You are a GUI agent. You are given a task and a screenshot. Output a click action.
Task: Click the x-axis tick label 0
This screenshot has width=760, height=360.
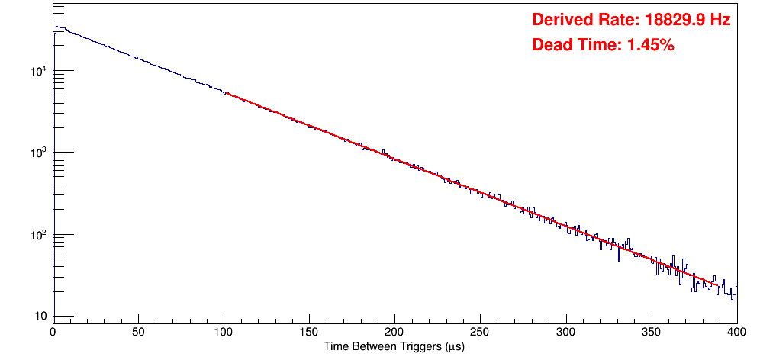point(53,331)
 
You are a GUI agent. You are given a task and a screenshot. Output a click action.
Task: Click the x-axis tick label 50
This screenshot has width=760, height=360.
point(138,331)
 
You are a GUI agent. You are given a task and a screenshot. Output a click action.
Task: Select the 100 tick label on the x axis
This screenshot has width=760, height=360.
point(224,331)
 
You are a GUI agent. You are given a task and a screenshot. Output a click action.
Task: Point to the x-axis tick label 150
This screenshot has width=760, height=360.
point(309,331)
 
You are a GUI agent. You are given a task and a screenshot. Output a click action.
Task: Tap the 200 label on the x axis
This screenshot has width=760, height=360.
point(394,331)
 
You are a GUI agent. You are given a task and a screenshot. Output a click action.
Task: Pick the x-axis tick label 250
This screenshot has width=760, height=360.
point(480,331)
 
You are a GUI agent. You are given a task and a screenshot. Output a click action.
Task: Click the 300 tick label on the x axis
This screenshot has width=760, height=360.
point(565,331)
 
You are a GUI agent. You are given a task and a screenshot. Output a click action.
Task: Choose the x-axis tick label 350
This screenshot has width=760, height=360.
point(651,331)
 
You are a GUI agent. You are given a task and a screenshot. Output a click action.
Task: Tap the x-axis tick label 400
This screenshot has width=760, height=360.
point(736,331)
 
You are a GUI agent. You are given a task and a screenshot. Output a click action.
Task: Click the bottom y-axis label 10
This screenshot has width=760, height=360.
point(40,317)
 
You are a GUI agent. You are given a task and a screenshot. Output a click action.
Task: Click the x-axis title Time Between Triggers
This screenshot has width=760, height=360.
point(394,346)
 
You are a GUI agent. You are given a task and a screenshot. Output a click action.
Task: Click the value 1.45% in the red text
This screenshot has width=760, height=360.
point(650,45)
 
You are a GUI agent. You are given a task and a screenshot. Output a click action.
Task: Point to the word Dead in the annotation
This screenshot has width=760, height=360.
point(551,45)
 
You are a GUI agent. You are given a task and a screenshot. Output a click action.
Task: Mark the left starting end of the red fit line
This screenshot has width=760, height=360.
point(226,93)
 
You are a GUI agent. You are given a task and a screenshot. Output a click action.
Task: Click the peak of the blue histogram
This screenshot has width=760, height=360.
point(56,27)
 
